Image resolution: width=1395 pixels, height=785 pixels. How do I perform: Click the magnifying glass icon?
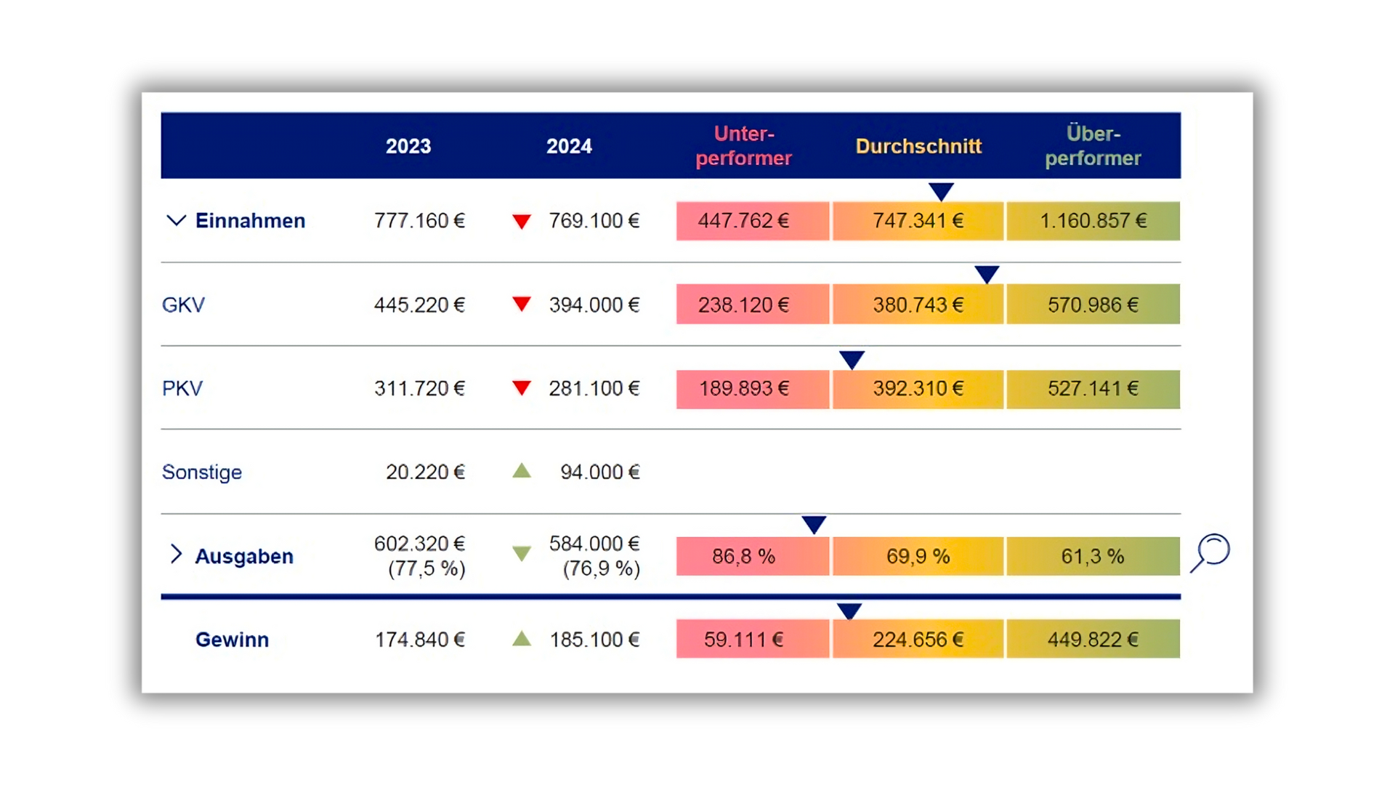(x=1210, y=552)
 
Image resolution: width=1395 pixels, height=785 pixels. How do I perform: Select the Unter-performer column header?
(x=743, y=146)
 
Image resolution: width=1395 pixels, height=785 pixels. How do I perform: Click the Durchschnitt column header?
(x=918, y=146)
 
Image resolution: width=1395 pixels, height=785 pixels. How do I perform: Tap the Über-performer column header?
(x=1093, y=146)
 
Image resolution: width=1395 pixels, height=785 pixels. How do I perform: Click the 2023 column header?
(x=408, y=146)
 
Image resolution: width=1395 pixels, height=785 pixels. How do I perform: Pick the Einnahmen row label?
(x=250, y=221)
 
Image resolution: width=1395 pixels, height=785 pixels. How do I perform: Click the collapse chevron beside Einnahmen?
(x=176, y=220)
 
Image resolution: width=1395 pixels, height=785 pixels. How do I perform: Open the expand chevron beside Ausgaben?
(x=176, y=554)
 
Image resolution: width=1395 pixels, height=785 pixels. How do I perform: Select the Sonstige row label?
(x=202, y=472)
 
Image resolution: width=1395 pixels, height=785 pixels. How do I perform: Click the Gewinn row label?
(x=232, y=640)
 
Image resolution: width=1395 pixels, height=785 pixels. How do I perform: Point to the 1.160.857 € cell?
(x=1093, y=221)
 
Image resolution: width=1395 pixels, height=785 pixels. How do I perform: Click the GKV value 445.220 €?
(x=419, y=305)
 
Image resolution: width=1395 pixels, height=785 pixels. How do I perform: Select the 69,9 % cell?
(x=918, y=557)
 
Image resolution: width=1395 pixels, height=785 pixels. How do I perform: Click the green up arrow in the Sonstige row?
(x=522, y=472)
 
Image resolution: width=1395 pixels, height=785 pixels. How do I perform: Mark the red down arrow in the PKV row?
(x=522, y=388)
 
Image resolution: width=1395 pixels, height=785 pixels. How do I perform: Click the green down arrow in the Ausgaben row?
(x=522, y=554)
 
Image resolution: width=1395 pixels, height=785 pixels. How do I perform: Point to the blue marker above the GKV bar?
(x=987, y=275)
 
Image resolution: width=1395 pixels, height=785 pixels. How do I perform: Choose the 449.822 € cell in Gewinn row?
(x=1093, y=640)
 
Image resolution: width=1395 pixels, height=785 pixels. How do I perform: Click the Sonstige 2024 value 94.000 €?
(x=599, y=472)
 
